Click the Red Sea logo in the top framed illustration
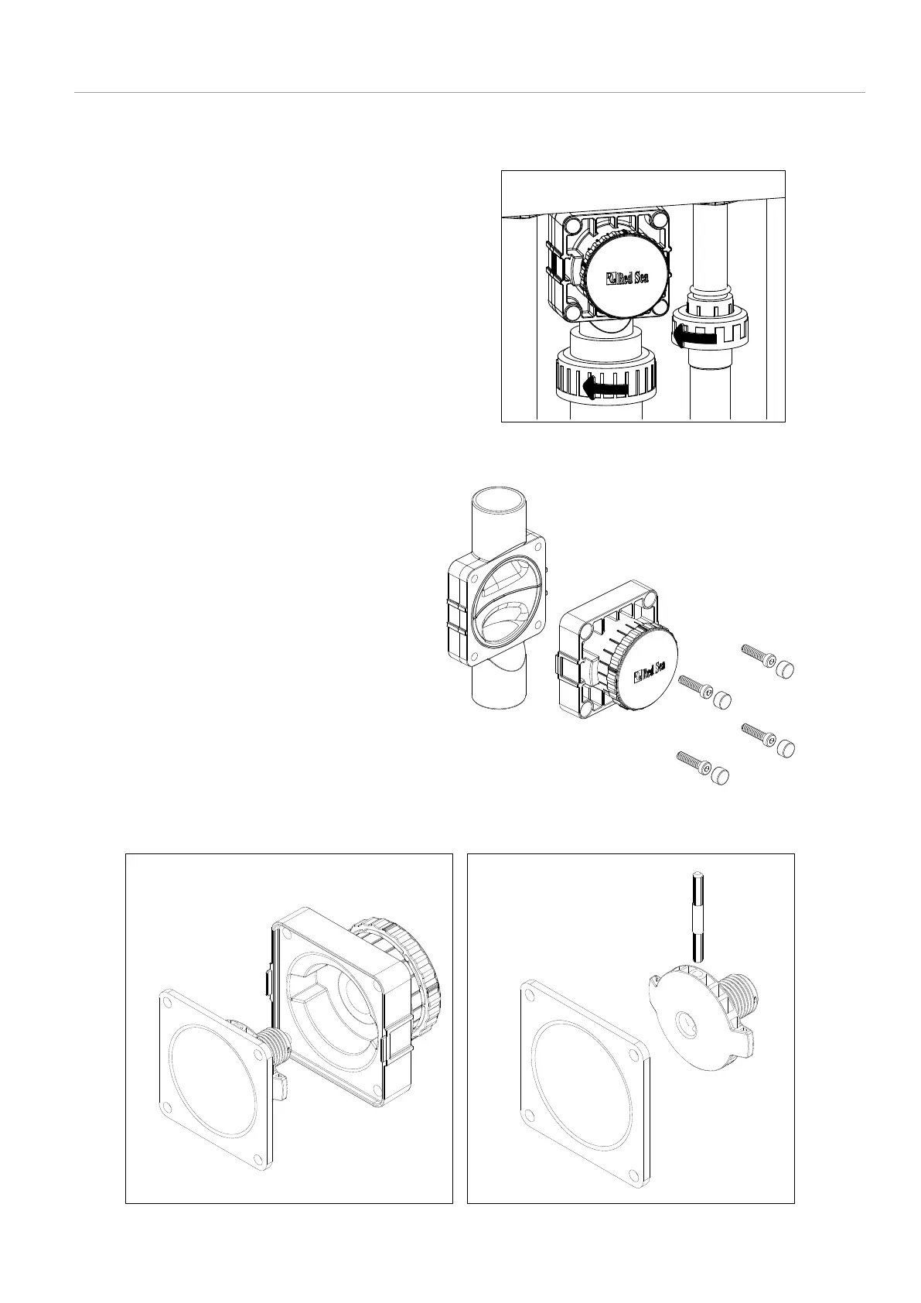(627, 276)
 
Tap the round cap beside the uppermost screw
(785, 669)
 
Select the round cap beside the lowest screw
(720, 775)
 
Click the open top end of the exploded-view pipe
(499, 499)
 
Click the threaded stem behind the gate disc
(744, 995)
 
